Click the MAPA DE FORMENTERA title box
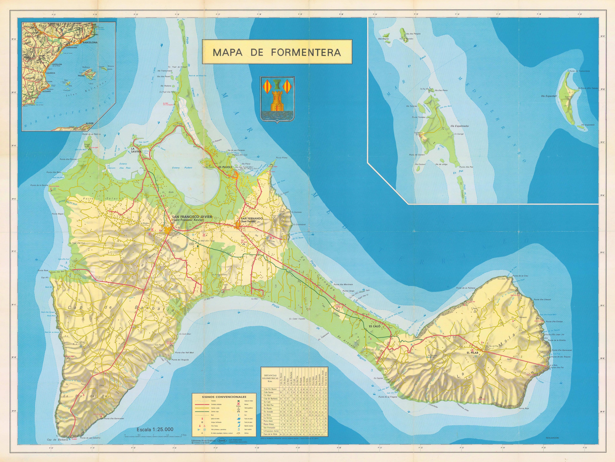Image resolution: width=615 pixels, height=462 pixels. (x=277, y=53)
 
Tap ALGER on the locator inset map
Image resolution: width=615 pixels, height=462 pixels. (x=89, y=123)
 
